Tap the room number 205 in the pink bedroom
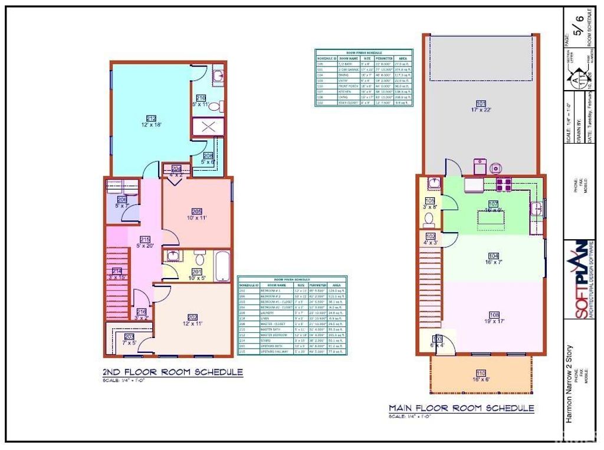[x=197, y=211]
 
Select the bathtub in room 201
[x=221, y=266]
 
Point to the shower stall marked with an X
[x=207, y=127]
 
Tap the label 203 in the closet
[x=129, y=336]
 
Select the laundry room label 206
[x=122, y=199]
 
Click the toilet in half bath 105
[x=429, y=221]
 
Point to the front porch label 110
[x=481, y=372]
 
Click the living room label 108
[x=494, y=314]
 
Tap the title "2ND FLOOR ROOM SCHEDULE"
[x=173, y=372]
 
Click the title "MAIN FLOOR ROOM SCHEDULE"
[x=461, y=408]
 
